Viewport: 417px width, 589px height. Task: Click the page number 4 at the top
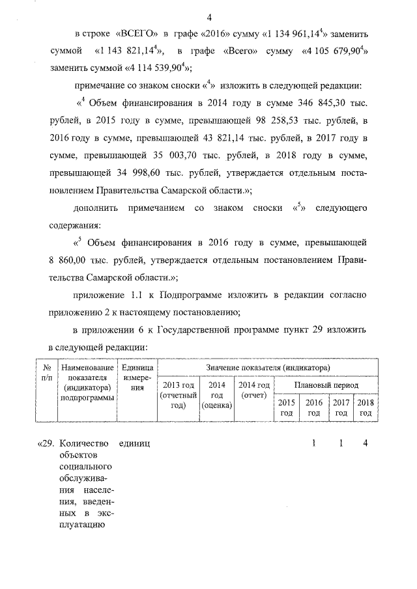208,16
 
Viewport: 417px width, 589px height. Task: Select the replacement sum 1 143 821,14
130,50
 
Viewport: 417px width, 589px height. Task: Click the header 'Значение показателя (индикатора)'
267,368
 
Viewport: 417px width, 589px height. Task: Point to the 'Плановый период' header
326,385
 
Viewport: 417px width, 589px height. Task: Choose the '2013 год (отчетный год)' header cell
179,395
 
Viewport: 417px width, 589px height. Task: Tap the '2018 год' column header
366,407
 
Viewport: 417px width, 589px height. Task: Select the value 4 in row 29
366,444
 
